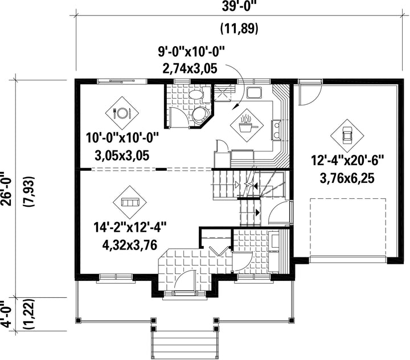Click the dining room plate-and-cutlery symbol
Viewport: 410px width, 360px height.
coord(122,113)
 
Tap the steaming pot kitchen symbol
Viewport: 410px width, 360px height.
coord(247,125)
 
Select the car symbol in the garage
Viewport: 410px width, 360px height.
coord(347,136)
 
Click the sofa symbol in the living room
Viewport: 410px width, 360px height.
coord(130,202)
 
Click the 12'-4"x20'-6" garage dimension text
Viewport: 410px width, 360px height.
coord(347,161)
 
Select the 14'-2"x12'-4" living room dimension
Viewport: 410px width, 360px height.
coord(130,227)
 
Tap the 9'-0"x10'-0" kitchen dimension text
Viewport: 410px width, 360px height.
coord(191,51)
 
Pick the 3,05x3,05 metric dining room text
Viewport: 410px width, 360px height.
coord(122,156)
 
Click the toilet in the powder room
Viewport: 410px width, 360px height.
coord(198,94)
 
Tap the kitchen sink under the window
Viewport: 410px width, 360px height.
coord(253,92)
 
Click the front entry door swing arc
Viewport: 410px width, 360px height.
coord(183,278)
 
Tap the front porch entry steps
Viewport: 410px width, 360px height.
coord(184,343)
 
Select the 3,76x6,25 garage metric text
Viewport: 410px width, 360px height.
coord(347,178)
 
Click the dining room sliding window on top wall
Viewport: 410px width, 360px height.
coord(122,81)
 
